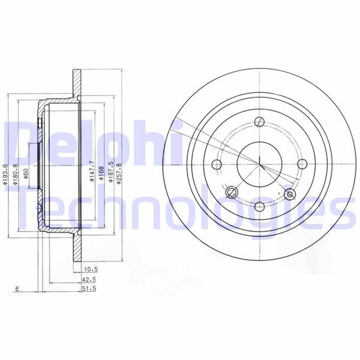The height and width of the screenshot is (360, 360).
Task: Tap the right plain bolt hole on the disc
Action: (x=302, y=163)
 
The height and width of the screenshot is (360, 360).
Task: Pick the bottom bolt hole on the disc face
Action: (x=259, y=206)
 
